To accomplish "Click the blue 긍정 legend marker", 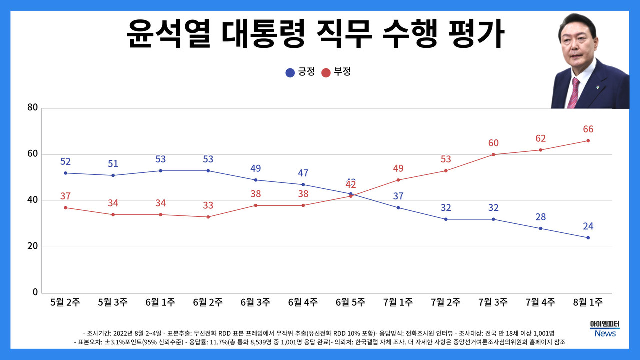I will [x=290, y=72].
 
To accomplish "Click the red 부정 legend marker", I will [x=326, y=72].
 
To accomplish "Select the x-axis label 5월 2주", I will [x=65, y=302].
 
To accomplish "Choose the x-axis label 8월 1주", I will [x=588, y=302].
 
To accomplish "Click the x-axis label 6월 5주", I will [x=350, y=302].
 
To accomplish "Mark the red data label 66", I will [x=588, y=129].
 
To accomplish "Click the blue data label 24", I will [x=588, y=226].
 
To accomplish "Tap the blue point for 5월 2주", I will [x=65, y=173].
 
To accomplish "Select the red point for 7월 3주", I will [x=493, y=154].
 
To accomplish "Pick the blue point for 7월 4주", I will [x=541, y=228].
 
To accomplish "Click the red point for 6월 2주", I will [x=208, y=217].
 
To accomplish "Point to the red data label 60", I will [x=493, y=143].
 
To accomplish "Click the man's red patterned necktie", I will [x=573, y=93].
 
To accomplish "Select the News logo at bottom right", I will [x=605, y=333].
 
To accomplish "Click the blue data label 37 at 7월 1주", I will [x=398, y=196].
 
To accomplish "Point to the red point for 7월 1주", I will [x=398, y=180].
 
